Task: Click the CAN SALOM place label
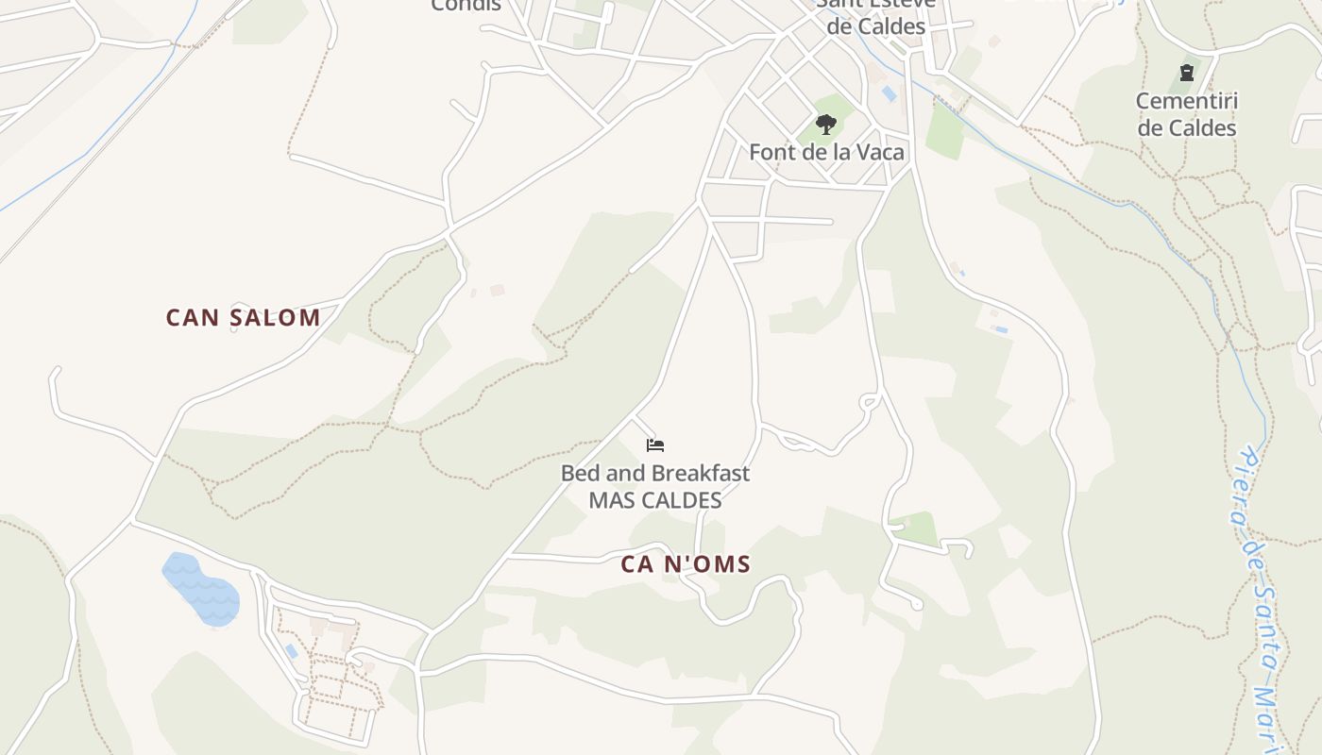tap(243, 317)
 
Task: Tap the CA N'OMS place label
tap(686, 564)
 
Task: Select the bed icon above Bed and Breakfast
tap(655, 445)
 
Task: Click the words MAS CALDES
tap(655, 500)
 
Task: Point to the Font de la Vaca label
tap(826, 152)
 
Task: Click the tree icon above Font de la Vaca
tap(826, 124)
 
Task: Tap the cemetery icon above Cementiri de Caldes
tap(1187, 72)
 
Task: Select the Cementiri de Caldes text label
tap(1187, 114)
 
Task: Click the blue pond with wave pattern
tap(200, 590)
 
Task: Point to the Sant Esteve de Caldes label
tap(876, 17)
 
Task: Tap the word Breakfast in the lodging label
tap(701, 473)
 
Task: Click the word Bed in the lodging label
tap(581, 473)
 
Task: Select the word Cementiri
tap(1187, 101)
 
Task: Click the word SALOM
tap(274, 317)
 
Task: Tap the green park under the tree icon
tap(837, 106)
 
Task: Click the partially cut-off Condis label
tap(466, 6)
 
